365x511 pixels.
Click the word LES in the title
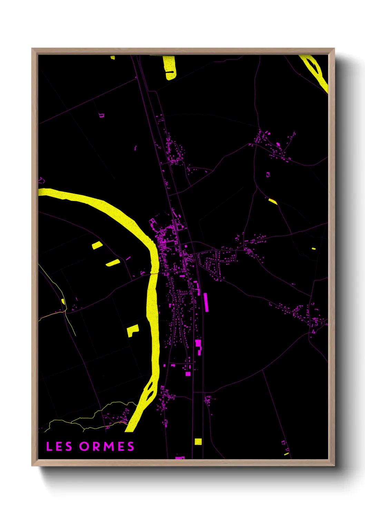click(x=59, y=446)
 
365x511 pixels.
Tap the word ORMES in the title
click(x=107, y=446)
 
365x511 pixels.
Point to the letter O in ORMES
click(x=84, y=446)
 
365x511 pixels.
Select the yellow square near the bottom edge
click(x=198, y=441)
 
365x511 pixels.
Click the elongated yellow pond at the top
click(x=169, y=67)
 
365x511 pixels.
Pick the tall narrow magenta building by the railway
click(x=206, y=302)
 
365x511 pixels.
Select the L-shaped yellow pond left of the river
click(x=132, y=330)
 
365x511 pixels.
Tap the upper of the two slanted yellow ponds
click(x=97, y=245)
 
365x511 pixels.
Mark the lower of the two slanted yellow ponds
click(x=113, y=263)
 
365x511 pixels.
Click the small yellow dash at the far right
click(x=314, y=248)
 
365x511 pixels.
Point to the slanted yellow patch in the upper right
click(x=273, y=201)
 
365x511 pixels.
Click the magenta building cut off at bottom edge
click(x=180, y=457)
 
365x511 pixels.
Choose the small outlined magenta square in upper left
click(x=101, y=115)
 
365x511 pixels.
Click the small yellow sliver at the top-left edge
click(x=113, y=57)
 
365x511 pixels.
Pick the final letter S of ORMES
click(x=131, y=446)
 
